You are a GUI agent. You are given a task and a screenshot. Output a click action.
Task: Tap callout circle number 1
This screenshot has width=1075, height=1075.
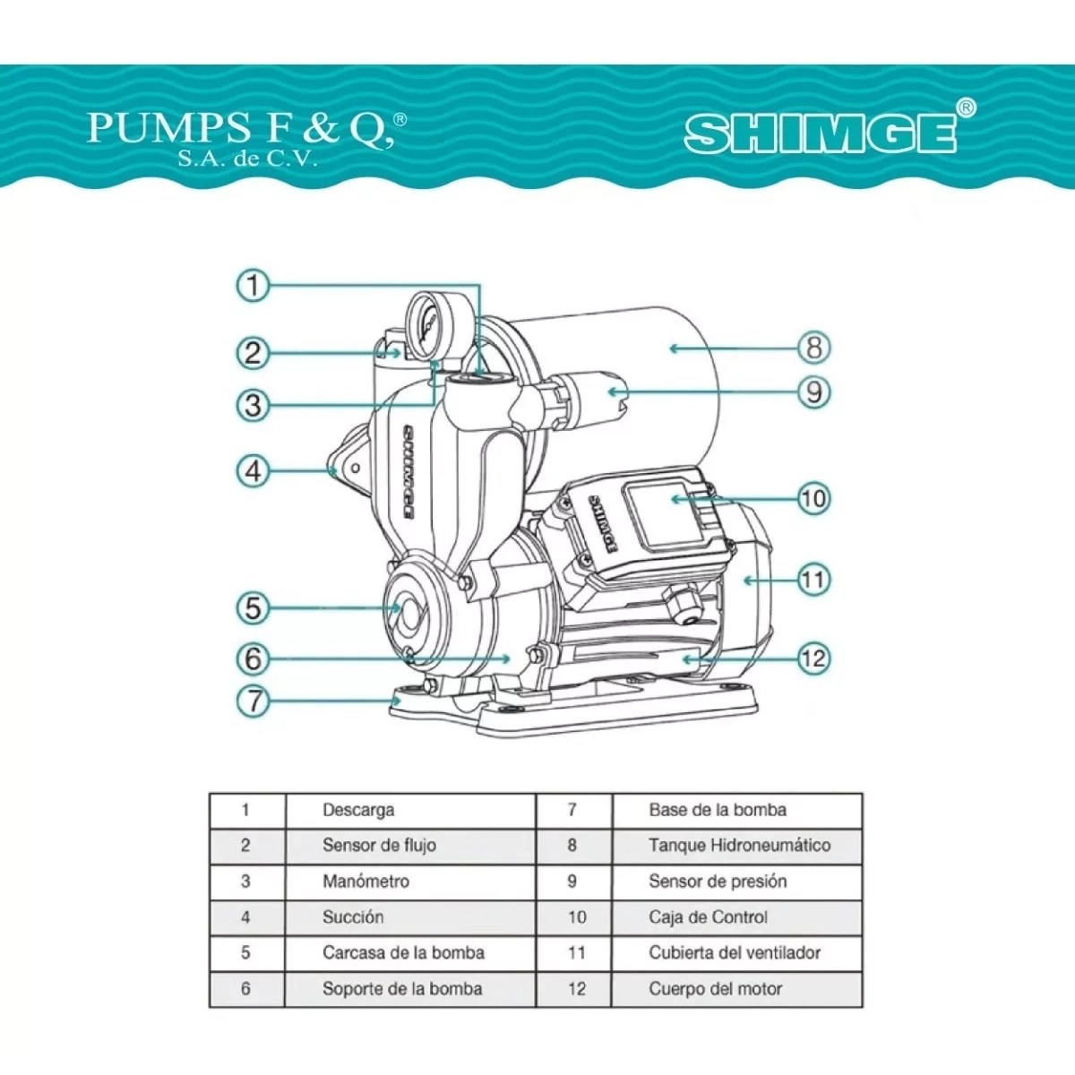[x=254, y=286]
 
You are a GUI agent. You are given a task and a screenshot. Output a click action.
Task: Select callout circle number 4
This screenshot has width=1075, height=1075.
[x=254, y=470]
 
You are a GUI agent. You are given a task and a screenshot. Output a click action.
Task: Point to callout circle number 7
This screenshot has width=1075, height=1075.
[x=254, y=700]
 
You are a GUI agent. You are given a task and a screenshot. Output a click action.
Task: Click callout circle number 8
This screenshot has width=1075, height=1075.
[x=813, y=348]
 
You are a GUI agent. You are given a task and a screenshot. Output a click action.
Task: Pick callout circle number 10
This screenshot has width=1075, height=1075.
[x=813, y=498]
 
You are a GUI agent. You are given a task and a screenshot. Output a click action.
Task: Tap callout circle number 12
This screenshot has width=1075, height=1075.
[x=813, y=658]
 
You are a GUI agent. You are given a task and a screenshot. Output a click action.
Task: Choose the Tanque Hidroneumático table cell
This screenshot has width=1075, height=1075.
[x=738, y=846]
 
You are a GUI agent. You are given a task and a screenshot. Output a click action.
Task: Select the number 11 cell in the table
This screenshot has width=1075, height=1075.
[x=575, y=953]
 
